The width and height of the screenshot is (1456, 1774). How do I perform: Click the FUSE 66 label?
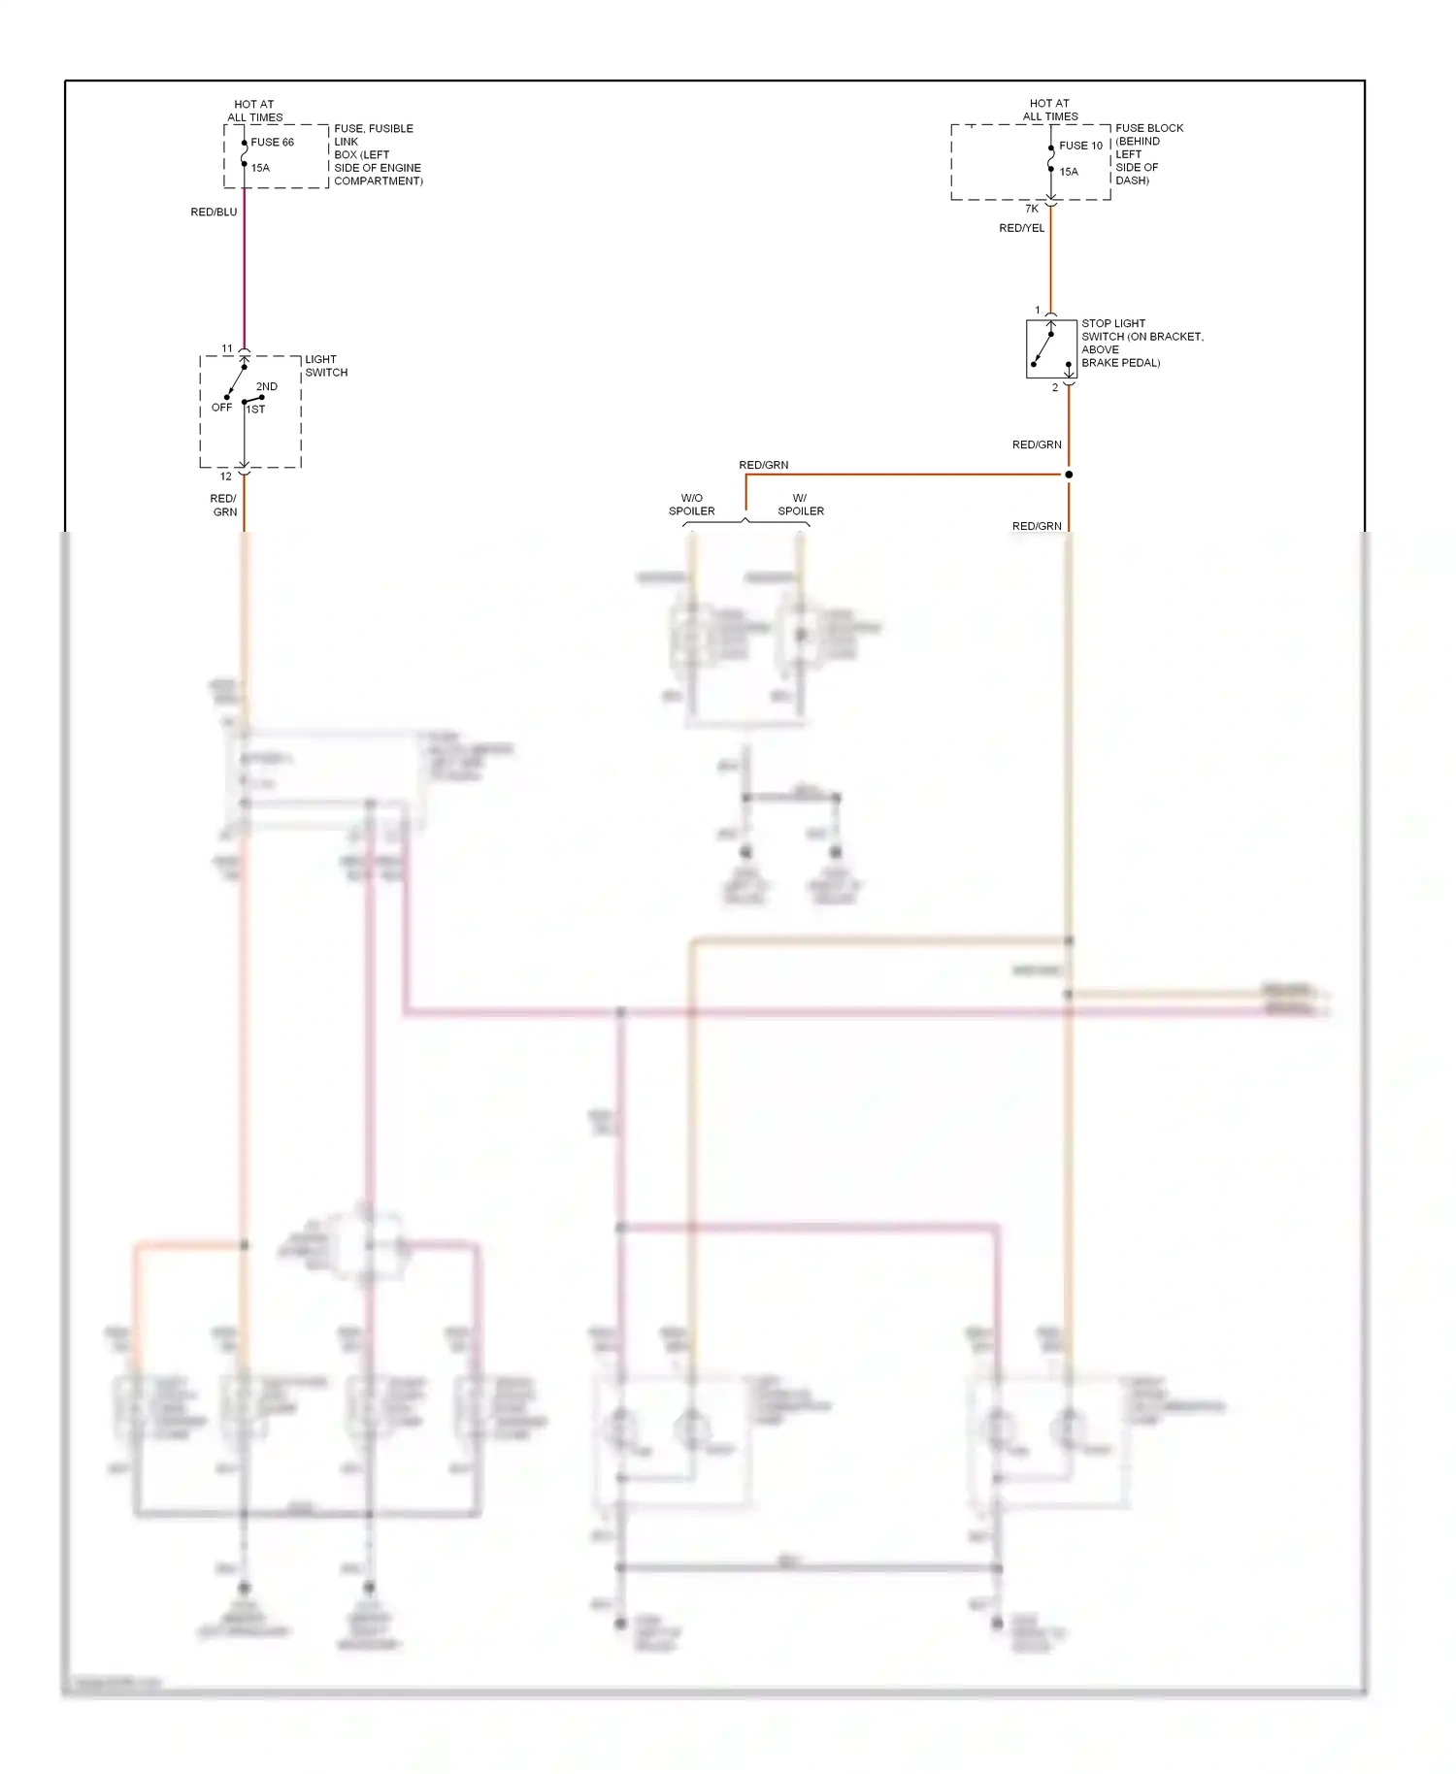pos(272,142)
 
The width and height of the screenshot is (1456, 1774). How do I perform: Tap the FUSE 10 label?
pos(1080,146)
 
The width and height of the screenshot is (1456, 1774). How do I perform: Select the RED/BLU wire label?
pos(214,212)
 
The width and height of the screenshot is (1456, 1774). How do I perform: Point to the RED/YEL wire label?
pos(1021,228)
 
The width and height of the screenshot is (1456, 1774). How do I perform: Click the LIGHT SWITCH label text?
pos(326,366)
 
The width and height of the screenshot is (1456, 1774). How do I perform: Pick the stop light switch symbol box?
pos(1051,348)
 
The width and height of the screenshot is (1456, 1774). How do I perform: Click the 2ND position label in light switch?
pos(267,386)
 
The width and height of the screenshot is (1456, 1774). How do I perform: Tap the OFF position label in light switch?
pos(221,408)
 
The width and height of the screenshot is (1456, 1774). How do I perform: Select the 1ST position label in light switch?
pos(256,410)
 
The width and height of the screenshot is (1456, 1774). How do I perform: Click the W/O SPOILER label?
pos(691,505)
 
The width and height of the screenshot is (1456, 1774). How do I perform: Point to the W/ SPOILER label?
pos(801,505)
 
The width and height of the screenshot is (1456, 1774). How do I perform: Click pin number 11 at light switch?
pos(227,348)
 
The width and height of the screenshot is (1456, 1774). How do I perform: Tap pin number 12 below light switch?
pos(226,476)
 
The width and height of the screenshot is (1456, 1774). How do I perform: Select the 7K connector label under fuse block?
pos(1032,209)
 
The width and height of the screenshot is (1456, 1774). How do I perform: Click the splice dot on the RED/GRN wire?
pos(1069,475)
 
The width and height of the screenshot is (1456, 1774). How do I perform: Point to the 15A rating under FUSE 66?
pos(260,168)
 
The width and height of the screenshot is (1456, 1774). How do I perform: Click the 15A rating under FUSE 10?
pos(1069,172)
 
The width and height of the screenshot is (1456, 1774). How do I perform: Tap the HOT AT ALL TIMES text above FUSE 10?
pos(1049,110)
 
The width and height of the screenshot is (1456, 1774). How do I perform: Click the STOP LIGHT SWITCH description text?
pos(1142,343)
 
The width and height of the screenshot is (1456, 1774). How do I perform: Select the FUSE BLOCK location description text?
pos(1148,154)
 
